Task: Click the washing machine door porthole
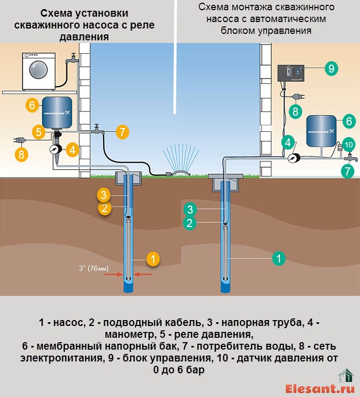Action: click(x=39, y=69)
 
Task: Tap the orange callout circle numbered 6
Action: click(x=32, y=105)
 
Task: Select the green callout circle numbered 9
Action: click(x=331, y=68)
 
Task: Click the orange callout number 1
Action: click(x=153, y=259)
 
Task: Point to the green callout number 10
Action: click(x=349, y=145)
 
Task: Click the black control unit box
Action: click(x=291, y=73)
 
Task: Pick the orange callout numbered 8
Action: click(x=21, y=154)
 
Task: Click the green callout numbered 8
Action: click(x=296, y=111)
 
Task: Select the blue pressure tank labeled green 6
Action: click(x=321, y=131)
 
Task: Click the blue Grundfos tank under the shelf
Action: click(x=57, y=112)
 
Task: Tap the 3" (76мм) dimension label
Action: click(x=94, y=268)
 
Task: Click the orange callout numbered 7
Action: click(x=123, y=132)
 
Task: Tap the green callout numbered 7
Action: click(x=348, y=171)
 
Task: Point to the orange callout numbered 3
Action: click(x=104, y=195)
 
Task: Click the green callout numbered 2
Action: click(x=190, y=223)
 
